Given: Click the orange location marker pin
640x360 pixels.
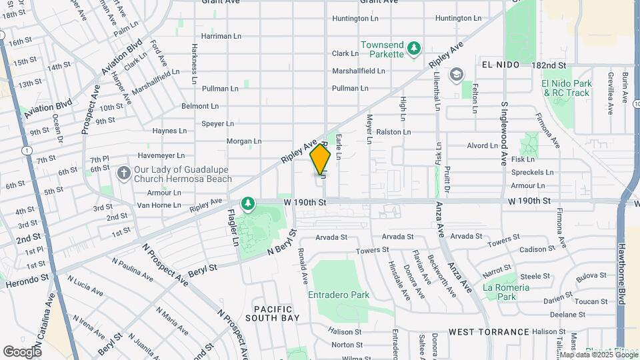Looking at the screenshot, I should coord(321,160).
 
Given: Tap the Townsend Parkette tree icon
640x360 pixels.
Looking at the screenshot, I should coord(415,47).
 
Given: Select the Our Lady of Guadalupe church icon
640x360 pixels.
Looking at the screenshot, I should coord(123,173).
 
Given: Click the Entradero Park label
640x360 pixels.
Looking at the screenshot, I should coord(338,294).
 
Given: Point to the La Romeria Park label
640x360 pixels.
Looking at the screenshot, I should coord(507,292).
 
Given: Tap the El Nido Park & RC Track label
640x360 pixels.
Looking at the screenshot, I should coord(567,88).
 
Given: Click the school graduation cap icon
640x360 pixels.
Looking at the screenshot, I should coord(457,73).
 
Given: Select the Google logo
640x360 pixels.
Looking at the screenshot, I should coord(22,351).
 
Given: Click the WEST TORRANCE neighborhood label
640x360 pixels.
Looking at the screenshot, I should coord(489,331).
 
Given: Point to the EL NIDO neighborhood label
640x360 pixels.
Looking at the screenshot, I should coord(501,66).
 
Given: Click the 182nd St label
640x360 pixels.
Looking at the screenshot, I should coord(549,66).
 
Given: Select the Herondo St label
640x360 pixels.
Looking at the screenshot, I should coord(27,283).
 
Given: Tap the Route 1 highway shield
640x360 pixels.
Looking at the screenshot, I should coord(25,150).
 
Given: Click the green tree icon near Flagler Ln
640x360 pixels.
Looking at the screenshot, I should coord(248,203).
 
